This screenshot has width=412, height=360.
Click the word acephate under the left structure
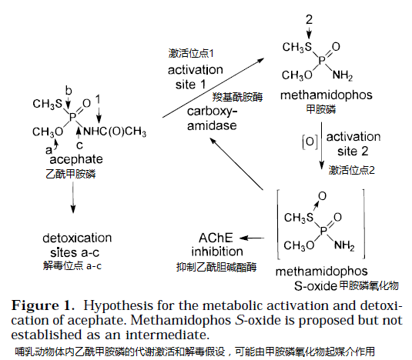pos(76,159)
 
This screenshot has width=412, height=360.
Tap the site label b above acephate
pos(69,91)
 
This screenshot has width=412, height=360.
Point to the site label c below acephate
pos(79,145)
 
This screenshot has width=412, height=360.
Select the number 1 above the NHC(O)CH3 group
pos(98,99)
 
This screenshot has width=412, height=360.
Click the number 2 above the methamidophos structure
pos(309,20)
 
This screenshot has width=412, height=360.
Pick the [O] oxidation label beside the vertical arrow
pos(310,142)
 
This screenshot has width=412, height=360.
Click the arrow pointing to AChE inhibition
pos(252,238)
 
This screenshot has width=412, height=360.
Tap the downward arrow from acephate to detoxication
pos(73,198)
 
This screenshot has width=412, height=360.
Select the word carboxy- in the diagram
pos(212,112)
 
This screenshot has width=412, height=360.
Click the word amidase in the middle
pos(212,125)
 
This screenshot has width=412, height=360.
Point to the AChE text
pos(216,238)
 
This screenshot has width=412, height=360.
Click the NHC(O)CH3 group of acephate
pos(115,132)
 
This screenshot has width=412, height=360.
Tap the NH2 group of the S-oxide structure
pos(344,246)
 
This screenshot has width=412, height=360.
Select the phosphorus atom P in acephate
pos(72,117)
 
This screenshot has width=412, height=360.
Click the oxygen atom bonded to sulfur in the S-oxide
pos(322,196)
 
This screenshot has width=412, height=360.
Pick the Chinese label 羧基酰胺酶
pos(237,97)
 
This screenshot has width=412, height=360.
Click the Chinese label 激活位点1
pos(191,53)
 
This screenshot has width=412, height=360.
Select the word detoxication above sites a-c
pos(77,238)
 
